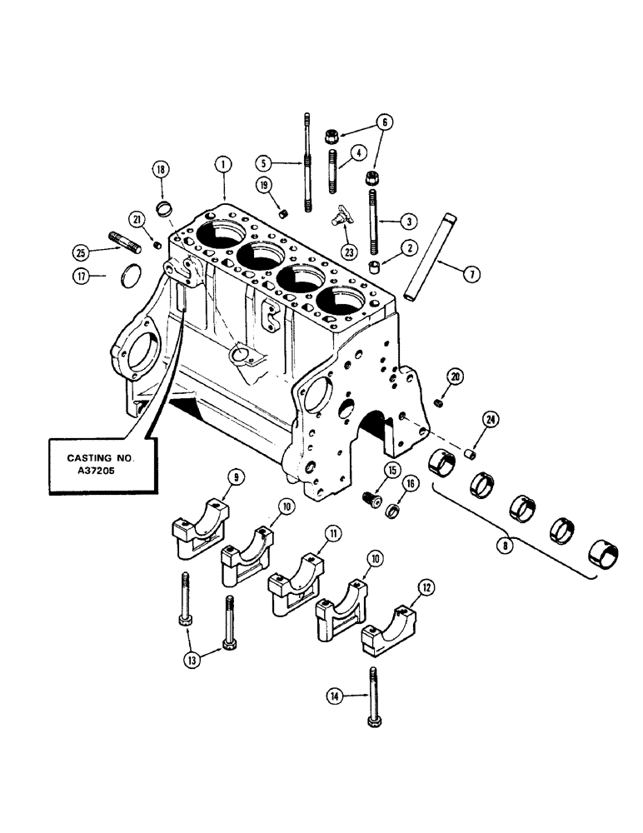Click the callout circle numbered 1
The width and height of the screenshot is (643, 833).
click(223, 166)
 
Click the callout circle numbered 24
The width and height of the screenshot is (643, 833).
click(490, 420)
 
